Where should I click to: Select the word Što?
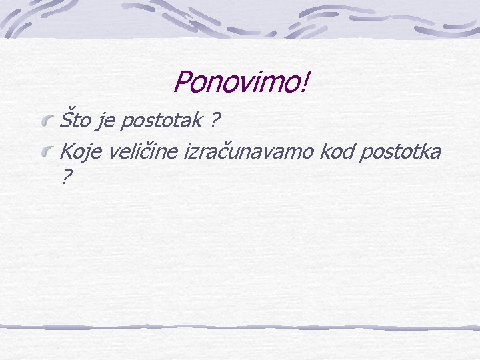click(74, 121)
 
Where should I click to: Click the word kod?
click(337, 152)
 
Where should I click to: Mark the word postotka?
click(401, 153)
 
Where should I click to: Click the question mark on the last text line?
click(65, 177)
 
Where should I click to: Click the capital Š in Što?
click(65, 121)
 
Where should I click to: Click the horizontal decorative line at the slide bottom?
click(240, 327)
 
